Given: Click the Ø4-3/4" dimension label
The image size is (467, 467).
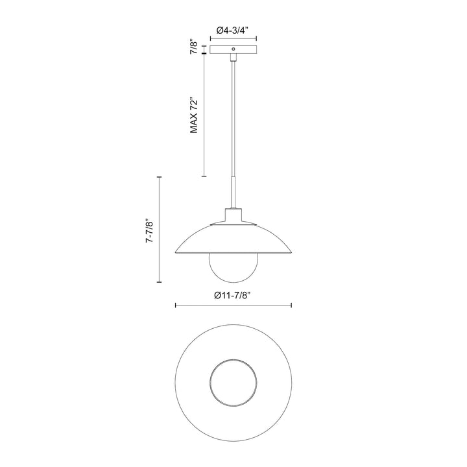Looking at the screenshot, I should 233,30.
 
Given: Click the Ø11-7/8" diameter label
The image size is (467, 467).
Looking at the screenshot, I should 232,295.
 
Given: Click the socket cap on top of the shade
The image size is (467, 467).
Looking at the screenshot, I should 233,217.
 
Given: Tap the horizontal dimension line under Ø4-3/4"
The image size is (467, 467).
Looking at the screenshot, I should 233,38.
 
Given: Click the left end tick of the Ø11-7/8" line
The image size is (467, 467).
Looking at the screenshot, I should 176,305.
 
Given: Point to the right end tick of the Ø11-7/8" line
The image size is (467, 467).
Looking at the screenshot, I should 291,305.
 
